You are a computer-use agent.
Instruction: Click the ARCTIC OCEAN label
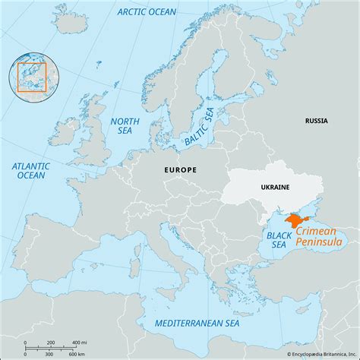point(146,11)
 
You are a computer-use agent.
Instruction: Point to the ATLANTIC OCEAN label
point(31,171)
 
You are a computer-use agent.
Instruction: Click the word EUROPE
point(180,170)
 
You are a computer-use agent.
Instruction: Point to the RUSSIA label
point(317,121)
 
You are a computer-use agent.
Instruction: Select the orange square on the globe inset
point(33,76)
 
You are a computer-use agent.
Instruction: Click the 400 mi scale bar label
point(78,343)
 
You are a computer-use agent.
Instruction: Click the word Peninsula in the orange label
point(320,243)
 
